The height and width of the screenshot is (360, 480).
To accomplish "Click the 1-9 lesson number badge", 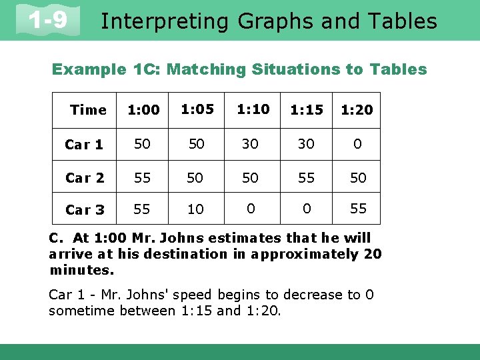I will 48,20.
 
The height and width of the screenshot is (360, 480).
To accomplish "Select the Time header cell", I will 88,110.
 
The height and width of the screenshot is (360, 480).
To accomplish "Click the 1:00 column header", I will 143,110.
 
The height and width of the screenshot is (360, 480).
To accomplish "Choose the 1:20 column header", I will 357,110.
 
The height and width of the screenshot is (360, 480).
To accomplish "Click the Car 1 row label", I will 84,145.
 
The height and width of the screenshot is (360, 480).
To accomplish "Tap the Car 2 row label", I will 85,178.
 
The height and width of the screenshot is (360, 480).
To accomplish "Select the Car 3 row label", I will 85,210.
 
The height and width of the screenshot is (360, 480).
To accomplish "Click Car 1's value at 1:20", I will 357,144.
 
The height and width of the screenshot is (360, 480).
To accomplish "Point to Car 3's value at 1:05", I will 195,210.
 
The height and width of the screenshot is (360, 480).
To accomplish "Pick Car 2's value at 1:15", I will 306,177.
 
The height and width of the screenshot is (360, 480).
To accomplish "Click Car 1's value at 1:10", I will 250,144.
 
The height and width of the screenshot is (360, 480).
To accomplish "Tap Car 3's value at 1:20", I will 358,209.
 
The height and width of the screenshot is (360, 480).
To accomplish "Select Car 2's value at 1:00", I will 141,177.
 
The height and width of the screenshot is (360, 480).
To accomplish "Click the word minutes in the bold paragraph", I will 81,270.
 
